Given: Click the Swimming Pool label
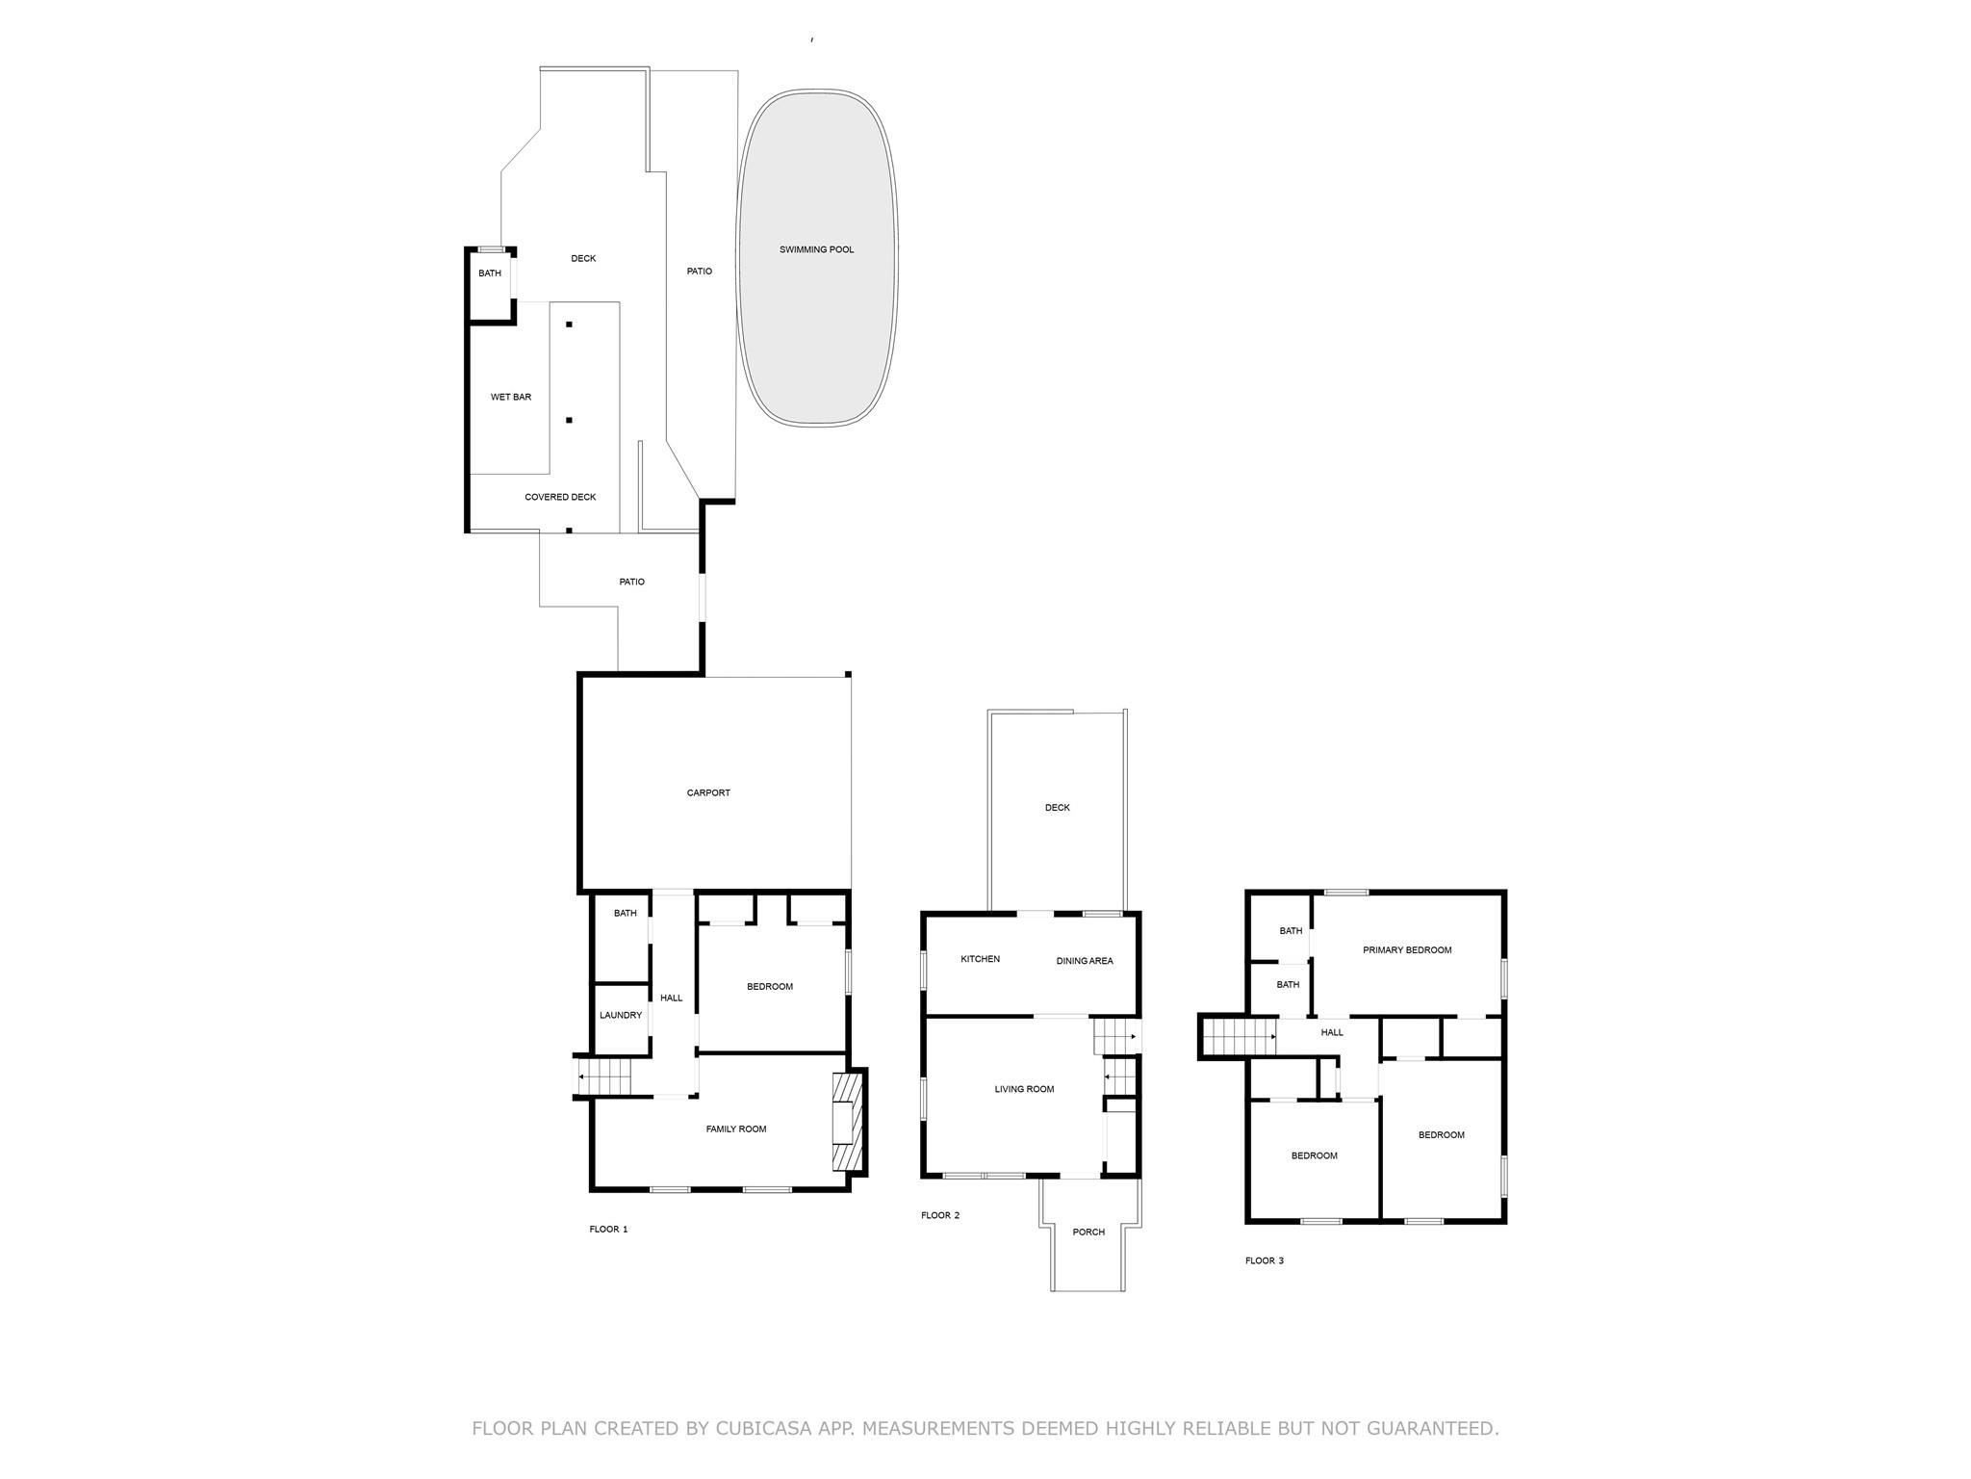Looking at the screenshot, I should [x=816, y=249].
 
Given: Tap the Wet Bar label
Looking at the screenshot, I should [x=510, y=397].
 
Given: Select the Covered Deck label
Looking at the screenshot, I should [x=560, y=497].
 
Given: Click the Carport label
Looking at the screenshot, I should [x=708, y=792].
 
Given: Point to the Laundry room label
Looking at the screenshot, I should [x=620, y=1015].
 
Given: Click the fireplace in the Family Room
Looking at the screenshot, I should [x=844, y=1122].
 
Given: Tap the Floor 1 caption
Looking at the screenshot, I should [x=608, y=1229].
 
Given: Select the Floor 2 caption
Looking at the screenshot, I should [x=939, y=1215].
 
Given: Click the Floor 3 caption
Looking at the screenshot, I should [x=1264, y=1260].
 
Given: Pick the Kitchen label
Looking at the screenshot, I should [x=980, y=959].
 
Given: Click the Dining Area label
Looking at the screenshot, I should [x=1084, y=961].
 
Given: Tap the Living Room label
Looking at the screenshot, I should [x=1024, y=1089].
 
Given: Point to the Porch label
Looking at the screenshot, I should [x=1088, y=1232].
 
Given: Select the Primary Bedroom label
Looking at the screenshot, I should [x=1406, y=949].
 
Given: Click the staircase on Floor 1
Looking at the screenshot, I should [x=603, y=1076].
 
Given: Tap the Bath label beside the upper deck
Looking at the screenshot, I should [x=490, y=273].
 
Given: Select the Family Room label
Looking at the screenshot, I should [x=735, y=1129].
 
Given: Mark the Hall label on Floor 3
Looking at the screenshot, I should [x=1331, y=1032].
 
